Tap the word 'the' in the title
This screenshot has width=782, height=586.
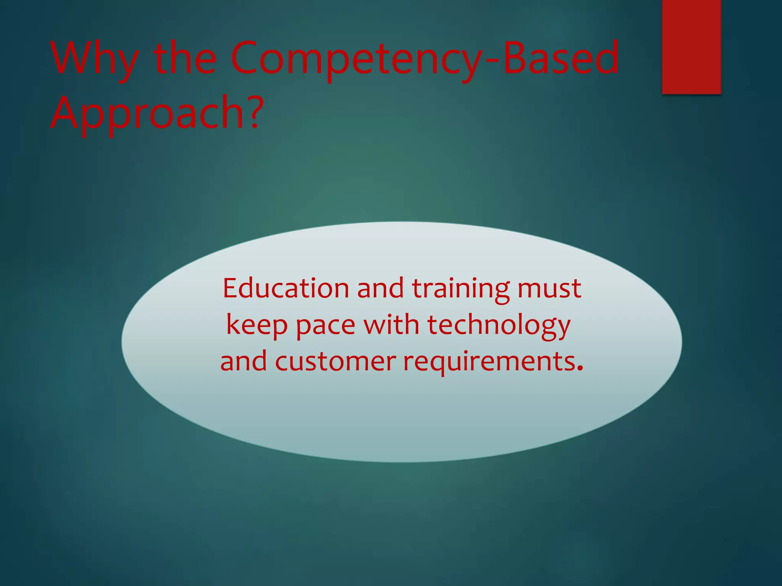coord(185,59)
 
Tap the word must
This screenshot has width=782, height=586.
coord(549,289)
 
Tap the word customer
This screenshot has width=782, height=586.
coord(335,361)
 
